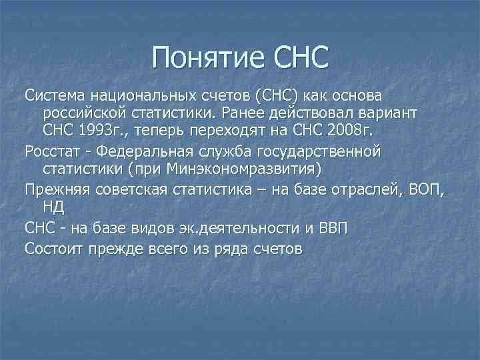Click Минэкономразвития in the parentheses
point(249,167)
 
